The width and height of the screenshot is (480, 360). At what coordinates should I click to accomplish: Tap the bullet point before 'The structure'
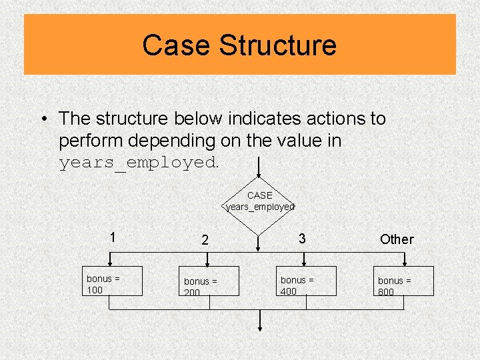(x=42, y=119)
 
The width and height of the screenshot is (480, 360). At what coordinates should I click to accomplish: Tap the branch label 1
(x=113, y=237)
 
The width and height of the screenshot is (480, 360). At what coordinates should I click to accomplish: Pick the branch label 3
(x=302, y=238)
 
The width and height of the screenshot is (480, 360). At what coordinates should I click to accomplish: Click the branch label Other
(x=397, y=239)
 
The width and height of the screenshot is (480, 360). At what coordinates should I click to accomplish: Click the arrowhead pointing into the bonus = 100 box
(x=110, y=263)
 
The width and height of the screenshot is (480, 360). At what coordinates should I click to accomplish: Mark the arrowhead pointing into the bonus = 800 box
(x=403, y=263)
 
